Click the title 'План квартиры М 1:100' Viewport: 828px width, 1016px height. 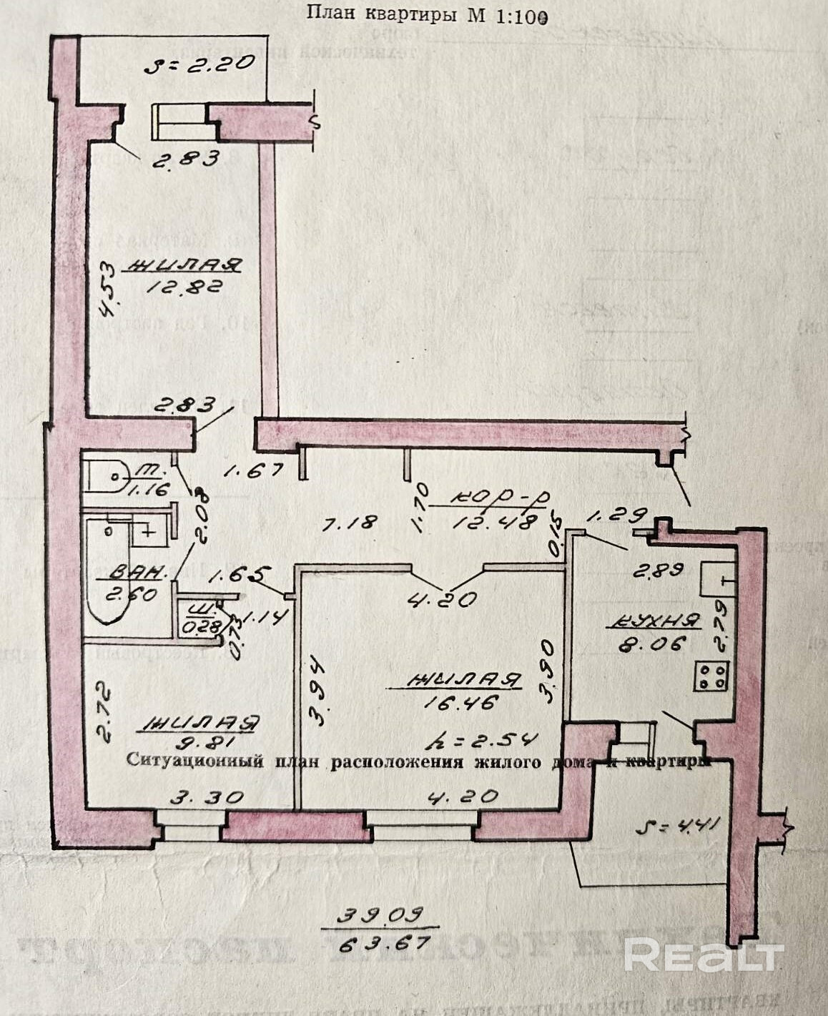click(x=427, y=14)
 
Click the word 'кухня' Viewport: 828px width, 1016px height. click(x=653, y=621)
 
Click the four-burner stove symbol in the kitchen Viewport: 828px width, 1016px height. click(x=711, y=676)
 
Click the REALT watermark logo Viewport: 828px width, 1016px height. click(x=704, y=955)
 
